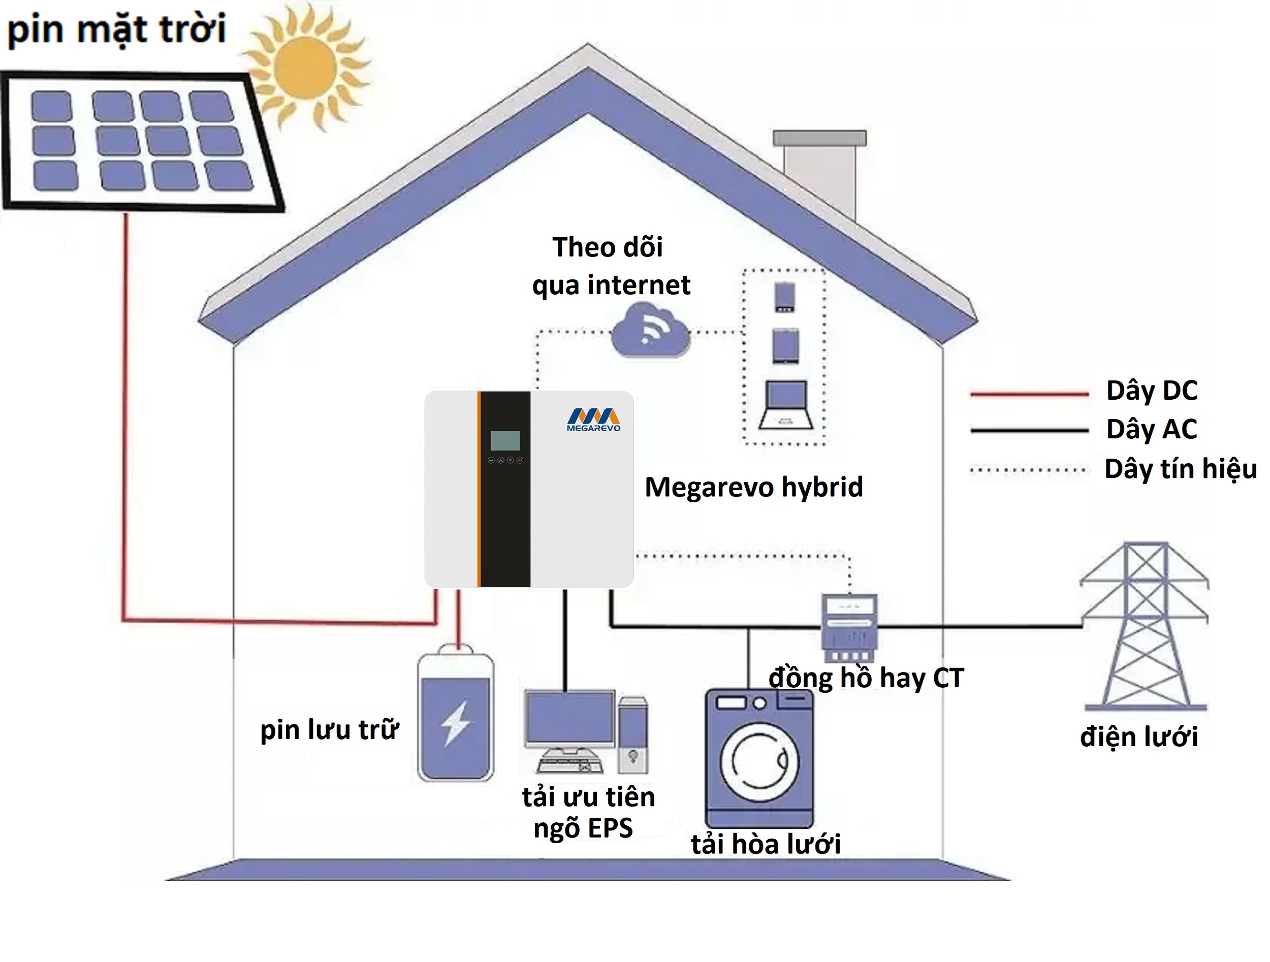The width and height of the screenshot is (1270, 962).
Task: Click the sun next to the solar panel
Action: click(305, 67)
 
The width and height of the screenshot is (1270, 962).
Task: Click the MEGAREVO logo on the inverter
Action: click(593, 420)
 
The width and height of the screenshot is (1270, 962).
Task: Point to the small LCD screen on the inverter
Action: click(505, 440)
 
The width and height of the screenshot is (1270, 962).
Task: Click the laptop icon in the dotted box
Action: click(785, 405)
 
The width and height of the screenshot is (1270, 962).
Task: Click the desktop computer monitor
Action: click(570, 718)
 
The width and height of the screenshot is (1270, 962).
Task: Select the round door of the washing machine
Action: click(759, 762)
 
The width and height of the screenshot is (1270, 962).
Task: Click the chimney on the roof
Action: click(819, 172)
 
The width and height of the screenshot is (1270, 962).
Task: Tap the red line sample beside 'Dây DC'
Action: click(1029, 394)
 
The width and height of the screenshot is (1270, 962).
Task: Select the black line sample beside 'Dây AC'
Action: click(1029, 430)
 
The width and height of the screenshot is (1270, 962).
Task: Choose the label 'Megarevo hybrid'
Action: click(753, 487)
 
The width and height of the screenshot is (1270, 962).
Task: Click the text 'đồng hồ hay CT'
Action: click(866, 678)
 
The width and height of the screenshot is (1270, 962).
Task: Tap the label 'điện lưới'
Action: click(1138, 737)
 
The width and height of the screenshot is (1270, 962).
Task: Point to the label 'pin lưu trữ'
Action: click(329, 730)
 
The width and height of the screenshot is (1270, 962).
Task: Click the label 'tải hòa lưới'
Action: click(766, 844)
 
